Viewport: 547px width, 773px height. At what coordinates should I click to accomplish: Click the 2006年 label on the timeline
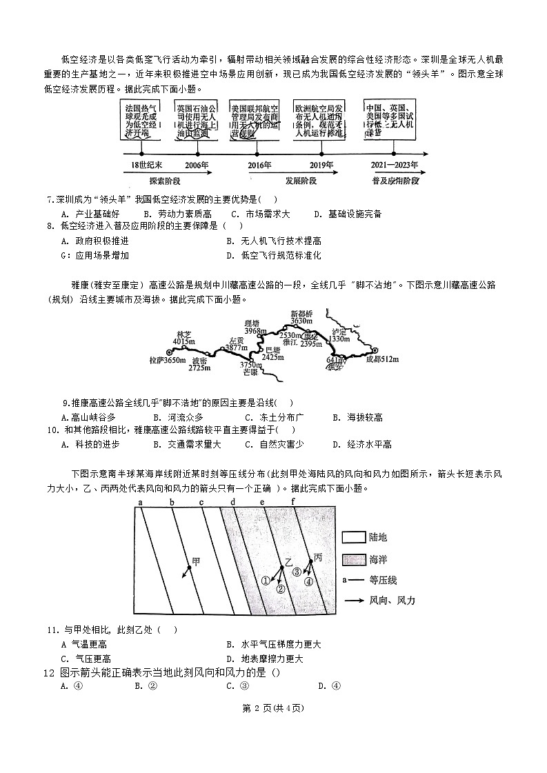point(197,165)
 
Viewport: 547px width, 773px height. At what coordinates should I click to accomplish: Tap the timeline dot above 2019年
point(321,154)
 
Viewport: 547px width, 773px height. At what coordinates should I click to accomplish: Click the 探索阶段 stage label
point(164,181)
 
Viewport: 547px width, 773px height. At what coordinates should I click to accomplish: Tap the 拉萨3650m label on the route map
point(168,360)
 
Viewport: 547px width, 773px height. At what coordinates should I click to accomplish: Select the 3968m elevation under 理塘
point(255,331)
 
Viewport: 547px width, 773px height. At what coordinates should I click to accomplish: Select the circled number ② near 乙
point(280,589)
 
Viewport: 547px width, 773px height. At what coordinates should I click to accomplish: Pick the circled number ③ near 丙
point(297,572)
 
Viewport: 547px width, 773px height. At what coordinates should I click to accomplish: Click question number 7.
point(50,200)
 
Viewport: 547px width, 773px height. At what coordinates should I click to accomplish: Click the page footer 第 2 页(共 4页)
point(274,707)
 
